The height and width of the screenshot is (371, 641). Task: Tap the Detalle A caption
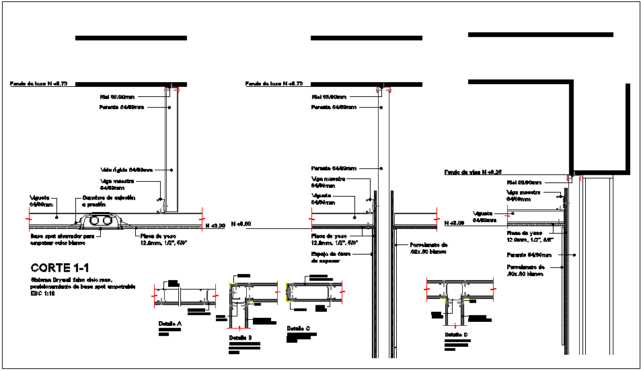coord(170,324)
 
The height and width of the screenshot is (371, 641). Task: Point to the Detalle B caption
coord(240,337)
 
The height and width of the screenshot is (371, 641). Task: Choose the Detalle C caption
coord(298,329)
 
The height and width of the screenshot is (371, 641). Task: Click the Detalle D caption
coord(455,334)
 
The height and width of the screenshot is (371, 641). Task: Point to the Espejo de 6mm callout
coord(331,257)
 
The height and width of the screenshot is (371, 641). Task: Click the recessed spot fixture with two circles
coord(101,221)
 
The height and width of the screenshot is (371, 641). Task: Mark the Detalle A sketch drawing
coord(185,295)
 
